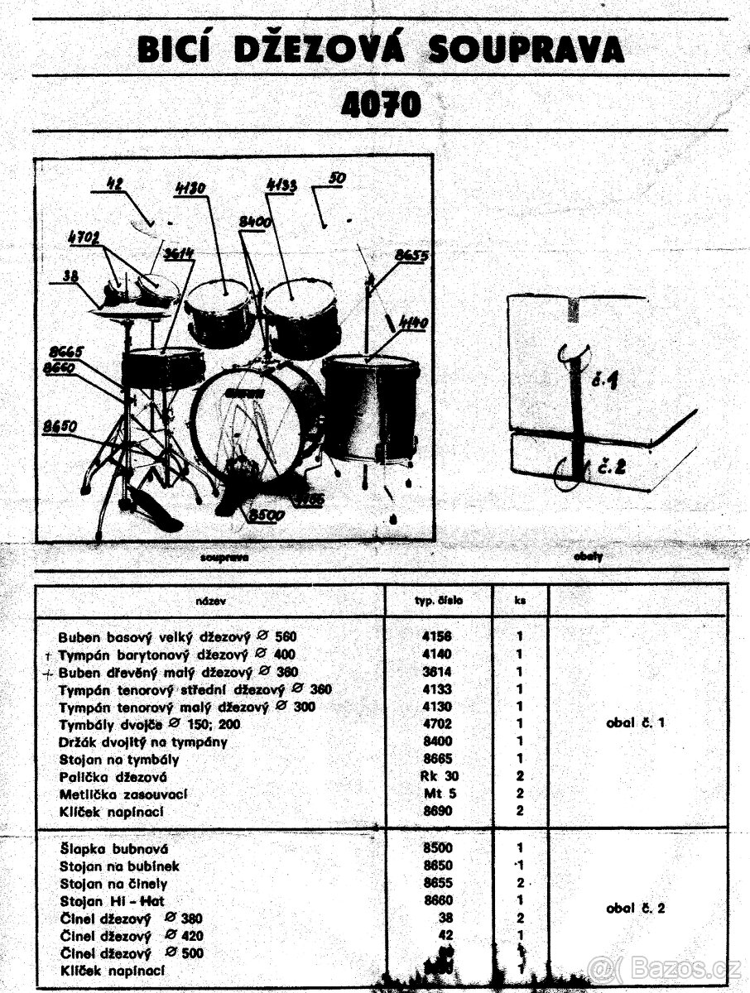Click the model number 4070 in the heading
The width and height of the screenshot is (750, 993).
[x=380, y=105]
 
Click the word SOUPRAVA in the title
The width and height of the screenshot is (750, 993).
[x=526, y=49]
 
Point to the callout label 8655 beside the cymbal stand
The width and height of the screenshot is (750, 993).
[x=411, y=256]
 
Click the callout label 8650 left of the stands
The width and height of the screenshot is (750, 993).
[x=60, y=427]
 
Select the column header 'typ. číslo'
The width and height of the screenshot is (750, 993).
[x=440, y=601]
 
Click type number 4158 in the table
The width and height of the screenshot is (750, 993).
[x=438, y=637]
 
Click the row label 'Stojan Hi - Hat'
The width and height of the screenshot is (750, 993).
[x=113, y=900]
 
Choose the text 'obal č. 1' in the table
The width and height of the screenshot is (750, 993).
[x=635, y=723]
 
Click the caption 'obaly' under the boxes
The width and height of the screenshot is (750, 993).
[x=588, y=557]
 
